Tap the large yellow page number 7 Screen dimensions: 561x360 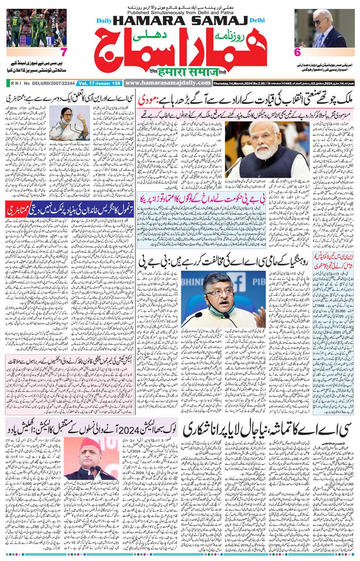coord(63,52)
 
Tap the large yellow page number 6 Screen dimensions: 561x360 coord(297,52)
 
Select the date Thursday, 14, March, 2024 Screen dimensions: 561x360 coord(234,83)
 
